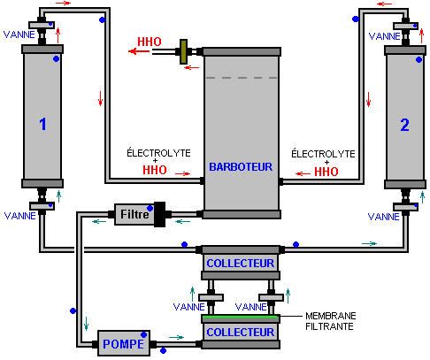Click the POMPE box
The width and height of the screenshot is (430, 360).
[x=124, y=343]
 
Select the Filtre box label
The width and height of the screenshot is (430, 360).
[x=134, y=214]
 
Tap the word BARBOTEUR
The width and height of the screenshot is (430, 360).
[x=241, y=167]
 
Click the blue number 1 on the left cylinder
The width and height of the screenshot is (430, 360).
[x=42, y=124]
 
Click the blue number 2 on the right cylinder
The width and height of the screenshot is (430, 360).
[x=404, y=125]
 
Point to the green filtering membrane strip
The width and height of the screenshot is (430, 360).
[x=241, y=317]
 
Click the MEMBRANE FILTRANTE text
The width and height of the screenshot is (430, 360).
[x=331, y=321]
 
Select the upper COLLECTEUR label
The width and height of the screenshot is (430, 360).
[x=241, y=263]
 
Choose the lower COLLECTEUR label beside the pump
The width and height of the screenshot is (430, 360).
[x=241, y=332]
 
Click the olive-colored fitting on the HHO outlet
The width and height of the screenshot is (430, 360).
[x=183, y=52]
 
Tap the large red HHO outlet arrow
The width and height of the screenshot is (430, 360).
[x=139, y=51]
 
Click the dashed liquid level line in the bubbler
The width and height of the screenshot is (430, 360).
[x=242, y=78]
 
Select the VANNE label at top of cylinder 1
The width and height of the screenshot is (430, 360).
[x=19, y=34]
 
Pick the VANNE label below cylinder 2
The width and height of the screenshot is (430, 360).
[x=384, y=217]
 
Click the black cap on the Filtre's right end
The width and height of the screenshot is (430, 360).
[x=159, y=214]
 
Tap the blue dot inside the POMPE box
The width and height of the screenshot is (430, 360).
[x=144, y=334]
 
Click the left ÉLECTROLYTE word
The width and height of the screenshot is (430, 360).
[x=158, y=153]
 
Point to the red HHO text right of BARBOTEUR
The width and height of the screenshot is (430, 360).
[x=326, y=172]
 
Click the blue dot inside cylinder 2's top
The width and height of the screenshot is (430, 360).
[x=418, y=60]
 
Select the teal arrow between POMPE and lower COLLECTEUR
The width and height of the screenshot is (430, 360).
[x=176, y=337]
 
